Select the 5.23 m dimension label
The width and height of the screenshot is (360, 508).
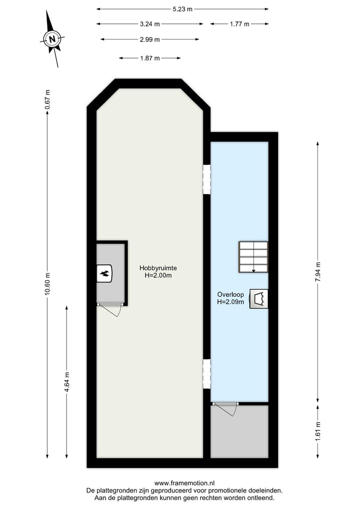coord(182,8)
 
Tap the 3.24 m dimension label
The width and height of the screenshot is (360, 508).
coord(150,23)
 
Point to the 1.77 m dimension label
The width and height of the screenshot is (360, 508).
coord(239,23)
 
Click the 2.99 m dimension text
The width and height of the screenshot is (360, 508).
coord(150,39)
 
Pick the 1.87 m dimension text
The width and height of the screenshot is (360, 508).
coord(150,58)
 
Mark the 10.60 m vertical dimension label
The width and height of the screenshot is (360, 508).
coord(47,283)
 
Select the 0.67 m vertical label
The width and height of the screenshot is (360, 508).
coord(47,99)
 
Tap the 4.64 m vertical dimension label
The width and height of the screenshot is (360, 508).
coord(67,383)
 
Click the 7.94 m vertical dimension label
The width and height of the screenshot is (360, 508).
coord(318,272)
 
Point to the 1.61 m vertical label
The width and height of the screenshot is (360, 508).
coord(318,431)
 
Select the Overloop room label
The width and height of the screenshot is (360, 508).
coord(230,298)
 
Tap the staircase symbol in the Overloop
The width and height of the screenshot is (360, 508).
coord(253,257)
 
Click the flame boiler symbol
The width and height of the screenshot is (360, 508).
coord(105,273)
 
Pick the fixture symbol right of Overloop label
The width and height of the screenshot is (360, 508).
coord(259,299)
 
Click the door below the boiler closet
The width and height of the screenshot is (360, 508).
coord(111,309)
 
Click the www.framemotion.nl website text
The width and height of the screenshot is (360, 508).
coord(184,483)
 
